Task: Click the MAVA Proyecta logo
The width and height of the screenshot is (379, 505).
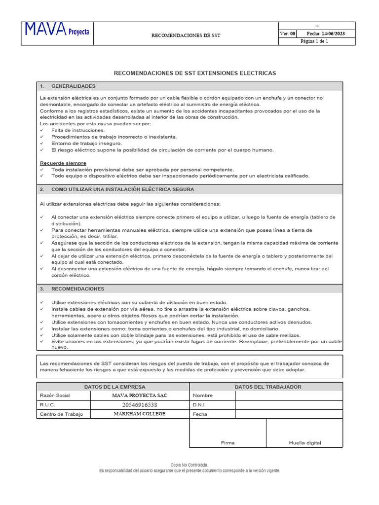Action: click(58, 32)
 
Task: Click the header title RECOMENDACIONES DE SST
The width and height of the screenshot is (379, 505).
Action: click(186, 36)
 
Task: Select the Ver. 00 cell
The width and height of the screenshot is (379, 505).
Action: click(288, 34)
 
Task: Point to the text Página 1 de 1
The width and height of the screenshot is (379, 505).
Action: click(317, 41)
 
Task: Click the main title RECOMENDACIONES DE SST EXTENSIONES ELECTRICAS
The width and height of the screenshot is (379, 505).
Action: click(195, 73)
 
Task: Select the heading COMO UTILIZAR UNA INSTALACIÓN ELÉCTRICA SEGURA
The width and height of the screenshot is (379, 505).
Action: click(122, 189)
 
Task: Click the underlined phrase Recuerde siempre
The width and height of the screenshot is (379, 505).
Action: click(63, 163)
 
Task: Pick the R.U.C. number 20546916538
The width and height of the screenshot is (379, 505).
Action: click(140, 405)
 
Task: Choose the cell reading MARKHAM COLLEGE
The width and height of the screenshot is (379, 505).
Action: click(140, 414)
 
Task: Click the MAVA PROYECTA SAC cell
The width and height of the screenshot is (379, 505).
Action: click(140, 396)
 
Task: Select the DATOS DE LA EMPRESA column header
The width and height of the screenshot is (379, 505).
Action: click(114, 387)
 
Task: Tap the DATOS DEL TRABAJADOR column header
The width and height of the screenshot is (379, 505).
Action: click(268, 387)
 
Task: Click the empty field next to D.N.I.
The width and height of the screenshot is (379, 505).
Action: click(288, 405)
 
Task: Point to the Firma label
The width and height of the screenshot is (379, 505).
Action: click(227, 443)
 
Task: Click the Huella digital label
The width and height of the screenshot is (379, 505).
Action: click(305, 443)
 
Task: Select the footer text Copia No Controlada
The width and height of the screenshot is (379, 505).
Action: click(189, 465)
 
